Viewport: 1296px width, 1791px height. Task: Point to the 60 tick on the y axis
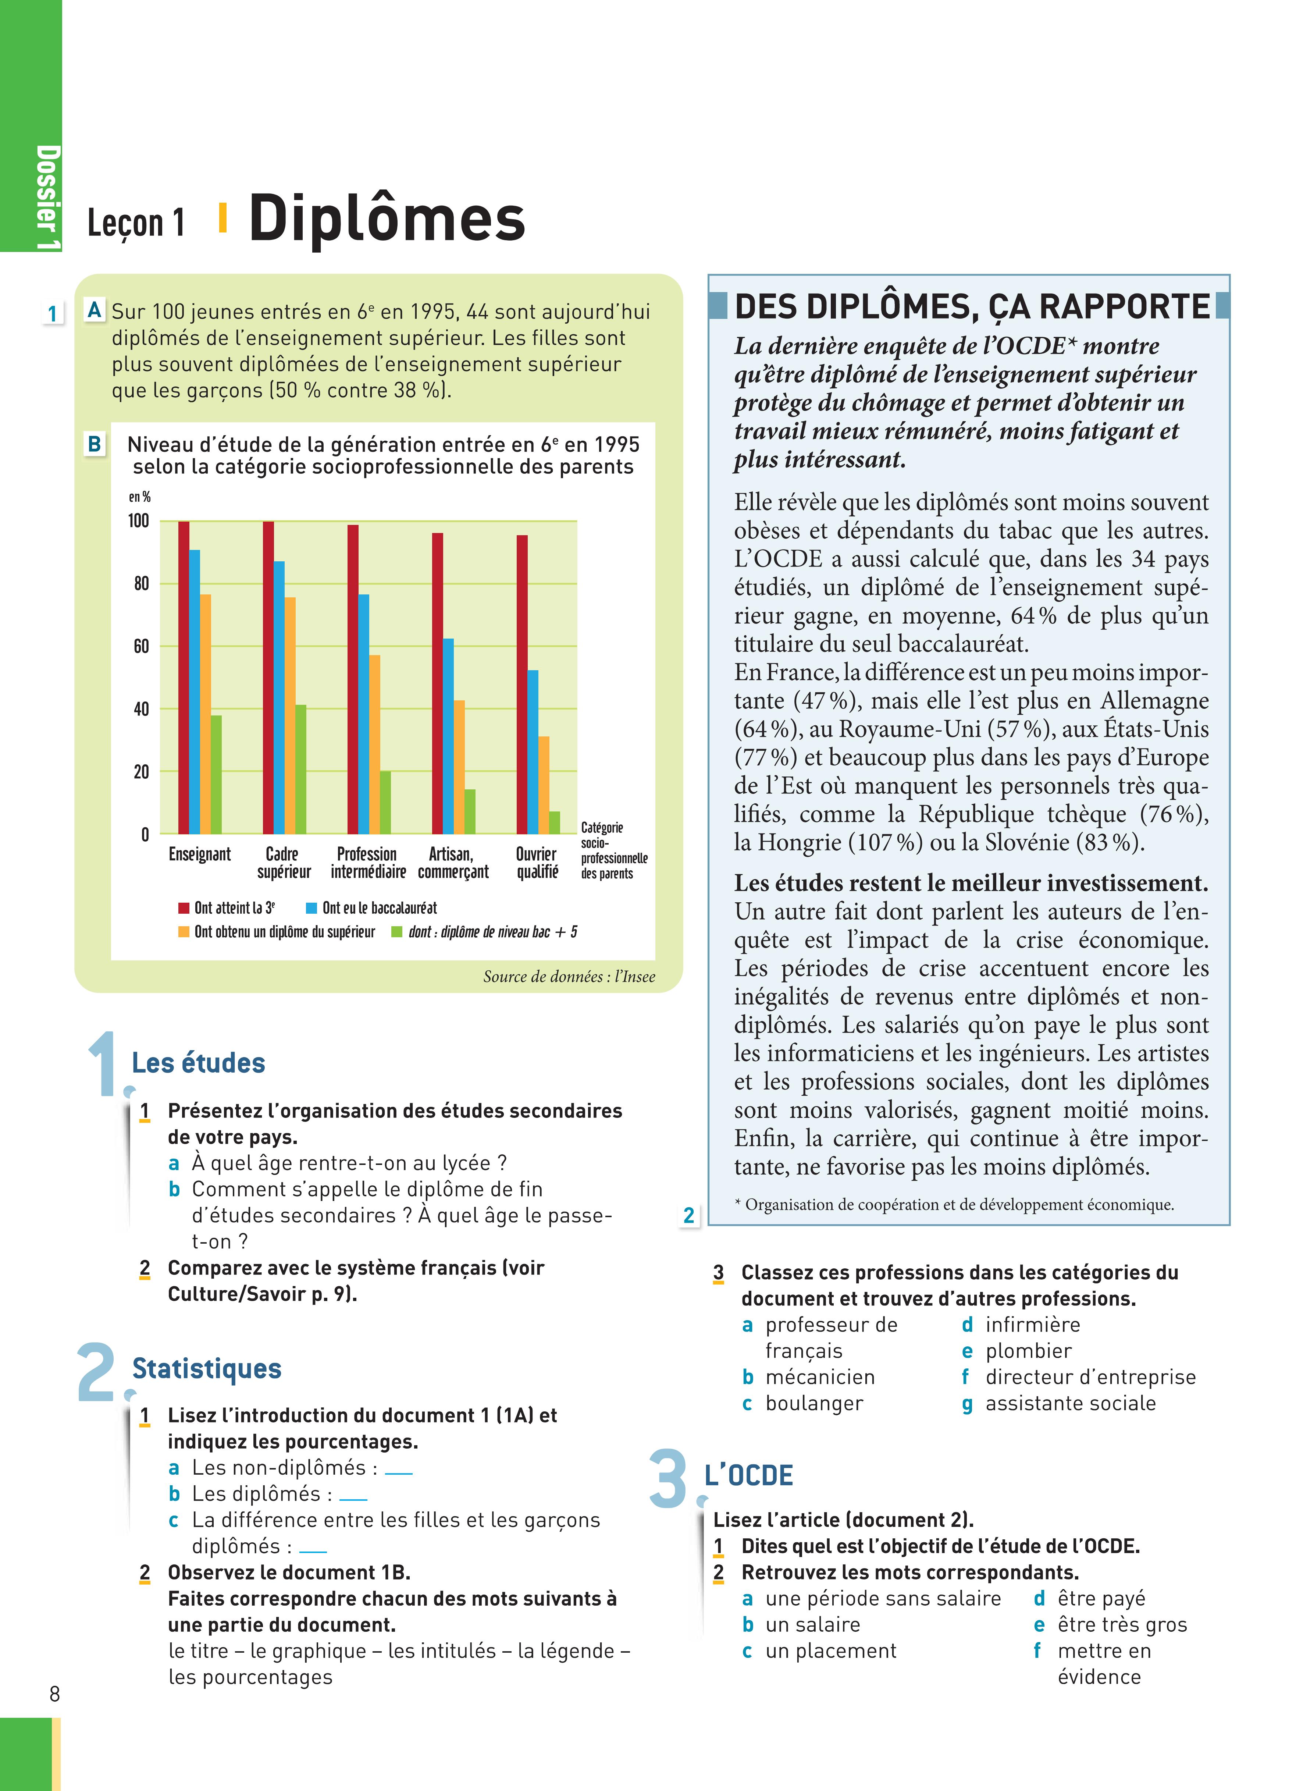[140, 646]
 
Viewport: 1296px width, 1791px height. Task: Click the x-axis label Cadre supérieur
[283, 862]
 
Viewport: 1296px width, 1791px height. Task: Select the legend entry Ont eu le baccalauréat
[379, 908]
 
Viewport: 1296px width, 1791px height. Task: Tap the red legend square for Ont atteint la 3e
[183, 908]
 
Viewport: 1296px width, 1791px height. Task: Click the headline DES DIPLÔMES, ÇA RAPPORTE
[971, 306]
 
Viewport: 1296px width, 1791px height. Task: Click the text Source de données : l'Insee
[569, 977]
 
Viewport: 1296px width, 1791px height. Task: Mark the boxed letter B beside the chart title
[94, 444]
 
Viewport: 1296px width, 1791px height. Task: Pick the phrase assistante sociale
[1070, 1403]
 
